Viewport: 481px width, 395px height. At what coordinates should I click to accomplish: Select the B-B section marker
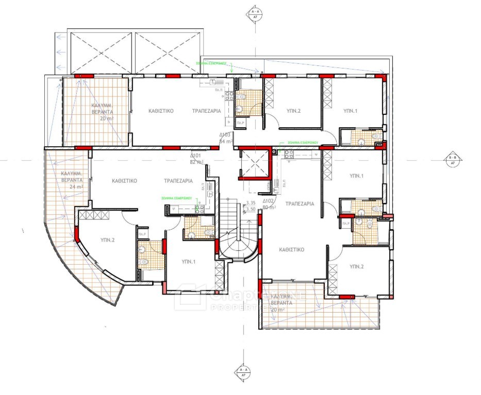coord(453,160)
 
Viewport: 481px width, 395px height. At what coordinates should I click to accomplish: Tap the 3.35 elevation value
coord(251,203)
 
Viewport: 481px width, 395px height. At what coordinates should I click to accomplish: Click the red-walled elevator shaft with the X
coord(253,163)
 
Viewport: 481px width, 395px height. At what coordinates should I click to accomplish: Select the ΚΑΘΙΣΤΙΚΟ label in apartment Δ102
coord(291,249)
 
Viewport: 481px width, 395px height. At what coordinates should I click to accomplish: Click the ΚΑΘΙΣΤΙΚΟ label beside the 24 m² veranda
coord(124,181)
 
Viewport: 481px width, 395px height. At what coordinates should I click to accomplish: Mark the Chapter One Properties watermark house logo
coord(189,298)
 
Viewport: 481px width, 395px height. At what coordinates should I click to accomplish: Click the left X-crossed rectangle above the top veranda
coord(101,53)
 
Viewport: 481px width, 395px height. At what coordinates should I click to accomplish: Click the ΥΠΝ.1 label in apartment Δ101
coord(189,262)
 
